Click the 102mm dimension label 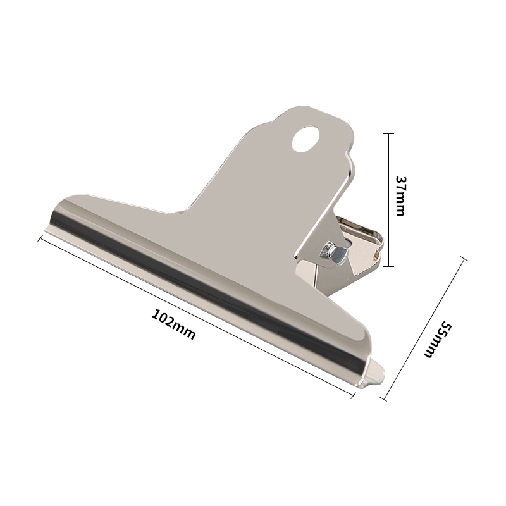[173, 324]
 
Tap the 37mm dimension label [400, 196]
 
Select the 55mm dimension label [438, 339]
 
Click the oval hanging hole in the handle [305, 139]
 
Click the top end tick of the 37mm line [389, 133]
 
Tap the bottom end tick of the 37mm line [389, 266]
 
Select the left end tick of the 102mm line [41, 238]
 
